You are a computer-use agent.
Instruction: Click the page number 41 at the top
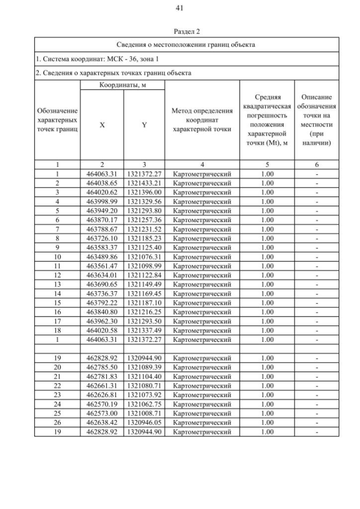coord(180,7)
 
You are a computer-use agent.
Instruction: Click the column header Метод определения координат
coord(202,119)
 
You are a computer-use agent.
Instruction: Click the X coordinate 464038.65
coord(102,183)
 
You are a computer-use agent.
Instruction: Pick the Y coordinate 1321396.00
coord(144,192)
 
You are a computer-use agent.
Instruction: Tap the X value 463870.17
coord(102,219)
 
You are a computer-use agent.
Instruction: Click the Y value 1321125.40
coord(144,246)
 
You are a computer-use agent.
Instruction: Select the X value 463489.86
coord(102,256)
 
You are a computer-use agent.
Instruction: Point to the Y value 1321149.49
coord(144,283)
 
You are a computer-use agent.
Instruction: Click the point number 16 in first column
coord(57,311)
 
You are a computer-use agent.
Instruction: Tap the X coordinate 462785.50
coord(102,367)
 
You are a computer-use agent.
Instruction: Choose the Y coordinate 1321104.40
coord(144,376)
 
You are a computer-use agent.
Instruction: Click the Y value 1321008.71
coord(144,413)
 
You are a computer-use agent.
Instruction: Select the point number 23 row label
coord(57,394)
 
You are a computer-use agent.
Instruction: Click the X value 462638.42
coord(102,422)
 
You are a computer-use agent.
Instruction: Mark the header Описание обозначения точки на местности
coord(317,119)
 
